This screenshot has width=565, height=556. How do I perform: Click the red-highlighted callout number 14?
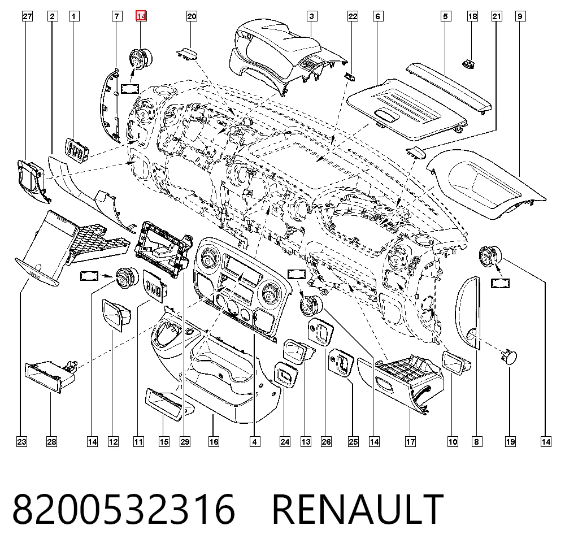tap(141, 16)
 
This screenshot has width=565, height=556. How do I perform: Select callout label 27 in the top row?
tap(27, 16)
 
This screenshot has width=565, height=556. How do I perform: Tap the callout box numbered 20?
tap(192, 16)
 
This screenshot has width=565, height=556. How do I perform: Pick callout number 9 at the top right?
tap(520, 16)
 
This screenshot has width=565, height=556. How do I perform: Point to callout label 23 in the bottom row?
tap(21, 442)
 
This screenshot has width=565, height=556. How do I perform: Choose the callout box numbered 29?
tap(185, 442)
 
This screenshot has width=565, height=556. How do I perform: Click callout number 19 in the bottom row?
tap(510, 442)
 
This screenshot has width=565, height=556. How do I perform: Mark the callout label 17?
tap(410, 442)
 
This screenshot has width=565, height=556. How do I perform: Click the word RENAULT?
tap(358, 510)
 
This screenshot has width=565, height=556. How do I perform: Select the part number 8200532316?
tap(124, 510)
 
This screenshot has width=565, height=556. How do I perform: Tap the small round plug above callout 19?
tap(508, 357)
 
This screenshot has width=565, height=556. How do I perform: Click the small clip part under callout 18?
tap(468, 64)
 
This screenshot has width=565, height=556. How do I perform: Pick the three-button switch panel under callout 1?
tap(77, 150)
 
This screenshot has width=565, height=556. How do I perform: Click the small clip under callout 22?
tap(350, 76)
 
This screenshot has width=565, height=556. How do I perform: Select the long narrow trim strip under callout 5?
tap(449, 89)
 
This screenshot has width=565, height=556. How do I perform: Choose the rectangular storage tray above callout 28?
tap(51, 376)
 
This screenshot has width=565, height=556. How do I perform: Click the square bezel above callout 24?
tap(286, 375)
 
